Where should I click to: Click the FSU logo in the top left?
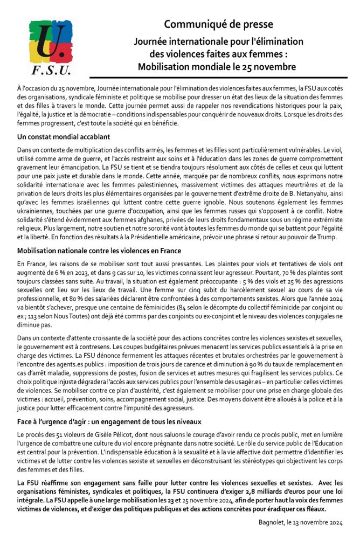click(x=50, y=47)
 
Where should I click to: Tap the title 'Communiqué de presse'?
click(x=218, y=24)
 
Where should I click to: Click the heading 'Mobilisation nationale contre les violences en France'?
click(x=99, y=251)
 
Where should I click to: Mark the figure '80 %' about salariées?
click(x=69, y=307)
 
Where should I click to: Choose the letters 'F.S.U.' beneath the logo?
click(x=51, y=71)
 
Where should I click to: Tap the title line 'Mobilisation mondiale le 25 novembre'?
click(x=218, y=67)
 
